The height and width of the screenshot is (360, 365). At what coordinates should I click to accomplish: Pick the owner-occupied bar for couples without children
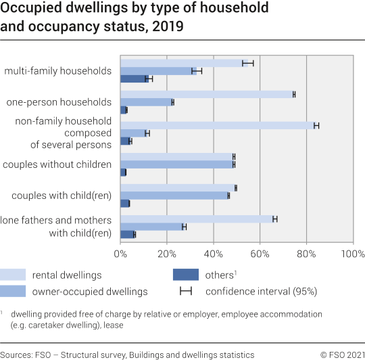177,164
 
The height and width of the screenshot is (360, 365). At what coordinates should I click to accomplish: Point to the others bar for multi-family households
134,78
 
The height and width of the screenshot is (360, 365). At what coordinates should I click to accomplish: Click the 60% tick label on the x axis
260,254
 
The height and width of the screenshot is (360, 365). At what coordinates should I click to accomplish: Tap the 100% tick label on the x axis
352,254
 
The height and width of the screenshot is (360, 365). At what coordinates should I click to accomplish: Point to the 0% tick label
121,254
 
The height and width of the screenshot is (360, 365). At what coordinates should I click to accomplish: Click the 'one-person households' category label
59,102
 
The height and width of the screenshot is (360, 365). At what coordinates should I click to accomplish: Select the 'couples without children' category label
57,164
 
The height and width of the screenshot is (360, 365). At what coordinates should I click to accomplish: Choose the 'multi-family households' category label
57,71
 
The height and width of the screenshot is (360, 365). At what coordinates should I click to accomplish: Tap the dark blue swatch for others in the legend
186,275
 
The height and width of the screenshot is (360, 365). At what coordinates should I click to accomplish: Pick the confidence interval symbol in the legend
186,292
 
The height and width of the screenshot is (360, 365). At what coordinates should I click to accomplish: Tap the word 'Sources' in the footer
19,354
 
